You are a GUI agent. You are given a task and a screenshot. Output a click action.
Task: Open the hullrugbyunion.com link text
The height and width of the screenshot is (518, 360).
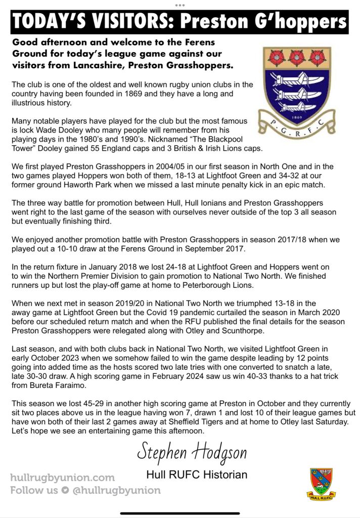click(x=62, y=478)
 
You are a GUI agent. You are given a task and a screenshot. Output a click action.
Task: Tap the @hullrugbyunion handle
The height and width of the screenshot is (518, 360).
click(x=117, y=490)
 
